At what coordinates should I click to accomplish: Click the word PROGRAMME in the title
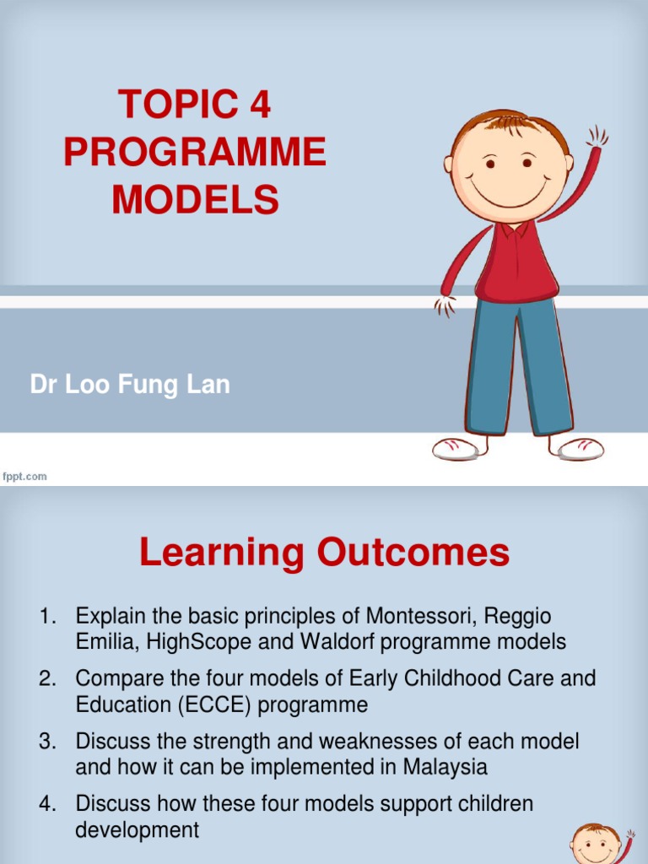pyautogui.click(x=195, y=152)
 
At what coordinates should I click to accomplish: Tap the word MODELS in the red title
pyautogui.click(x=195, y=200)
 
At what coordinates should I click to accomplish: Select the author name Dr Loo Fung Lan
pyautogui.click(x=130, y=386)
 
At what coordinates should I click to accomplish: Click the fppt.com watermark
pyautogui.click(x=24, y=477)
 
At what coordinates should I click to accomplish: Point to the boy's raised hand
pyautogui.click(x=597, y=138)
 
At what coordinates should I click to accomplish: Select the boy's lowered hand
pyautogui.click(x=444, y=304)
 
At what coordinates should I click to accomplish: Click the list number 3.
pyautogui.click(x=47, y=742)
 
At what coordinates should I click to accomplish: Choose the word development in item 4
pyautogui.click(x=138, y=829)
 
